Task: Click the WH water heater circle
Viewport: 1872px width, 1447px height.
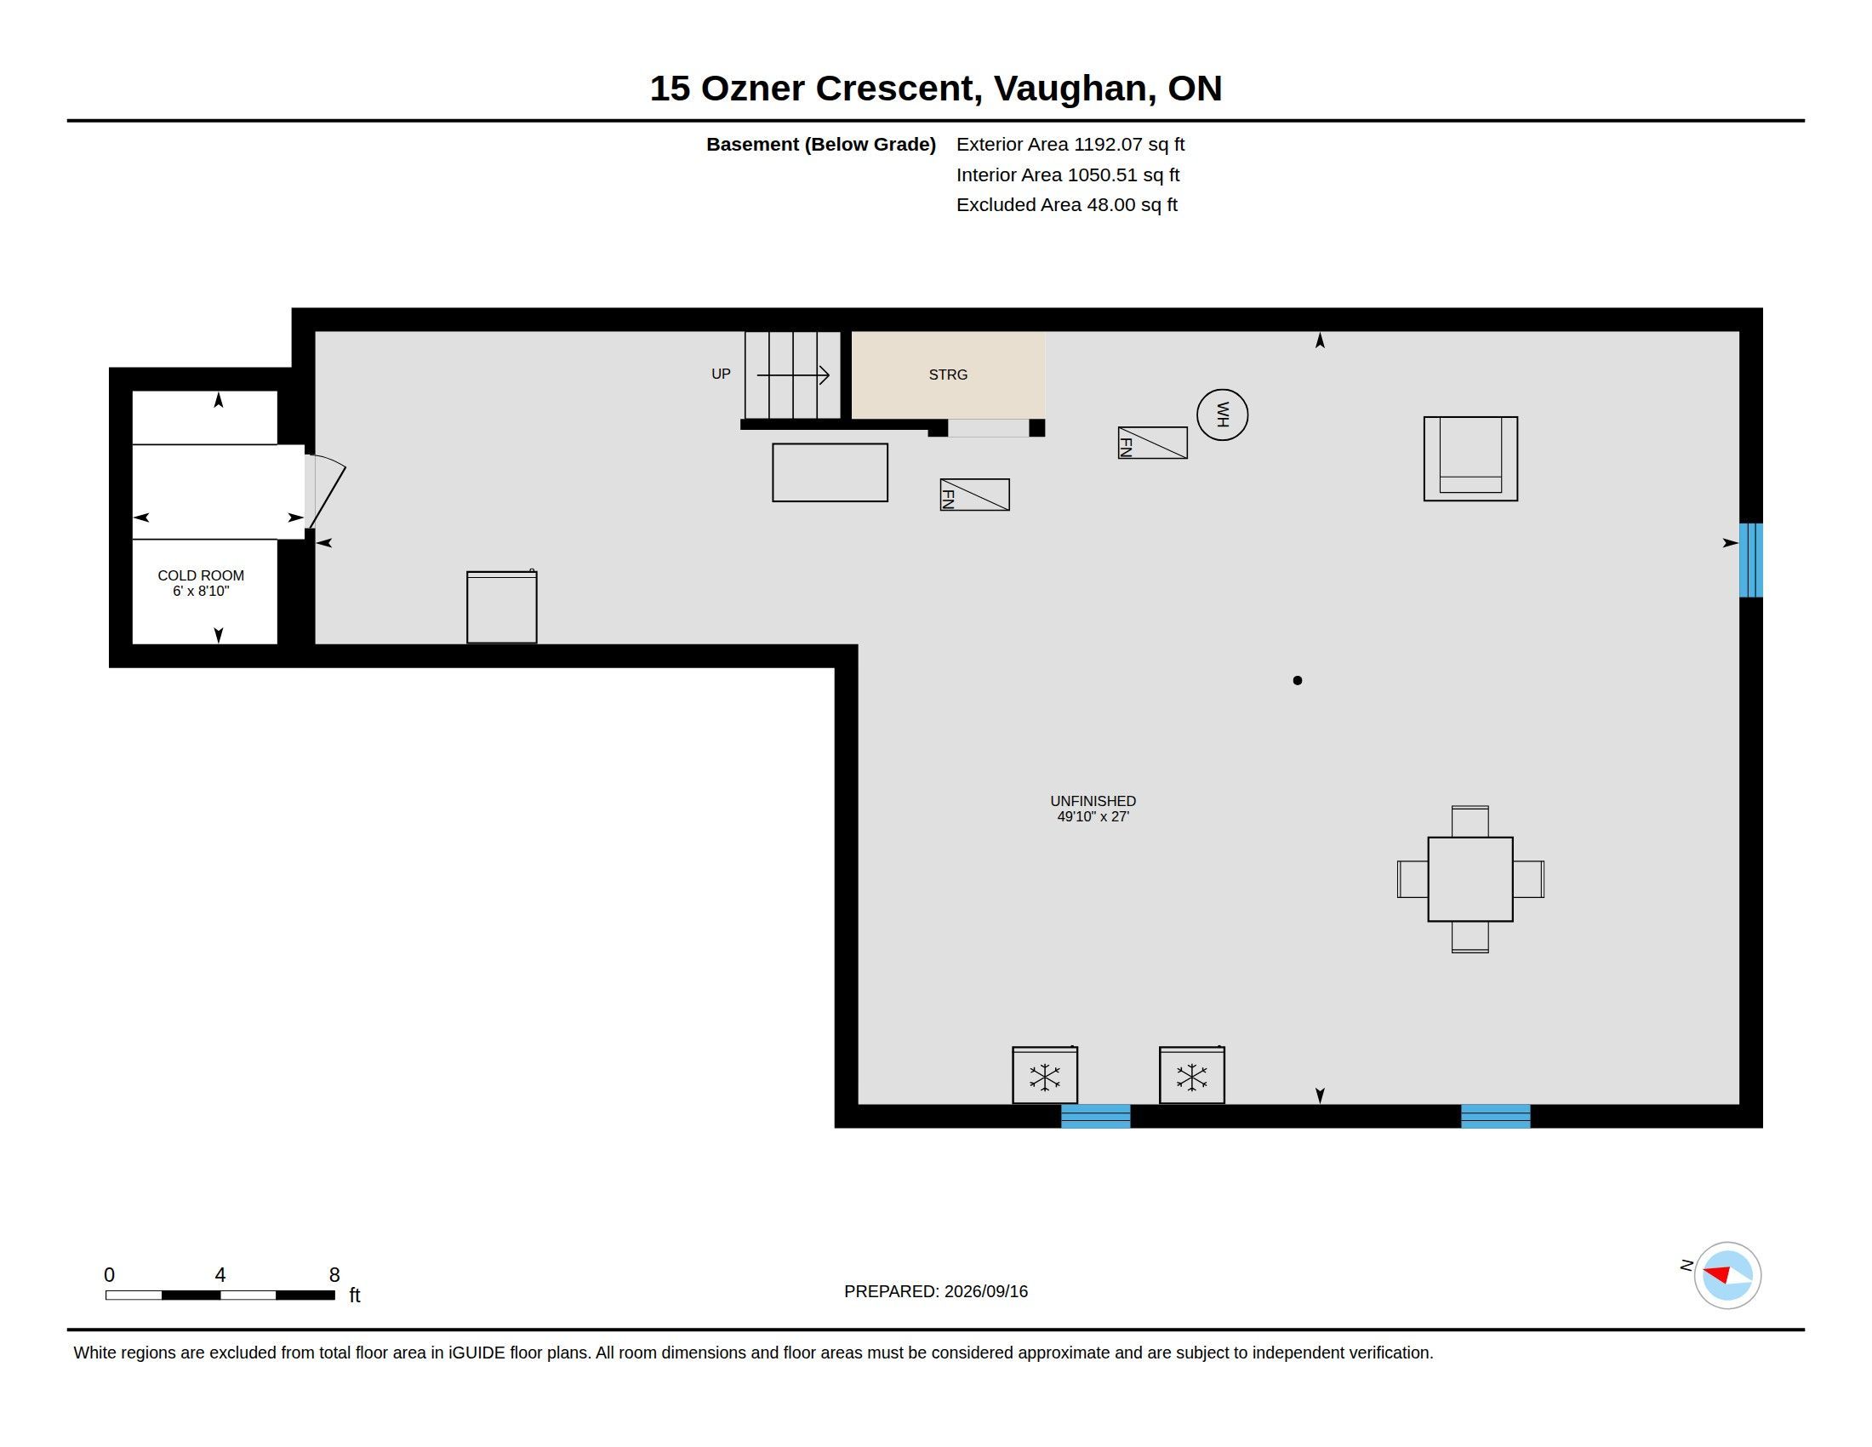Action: coord(1221,415)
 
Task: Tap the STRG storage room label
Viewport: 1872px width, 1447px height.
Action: coord(948,375)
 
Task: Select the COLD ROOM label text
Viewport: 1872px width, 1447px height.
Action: coord(201,575)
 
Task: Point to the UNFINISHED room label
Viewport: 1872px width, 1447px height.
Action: coord(1093,801)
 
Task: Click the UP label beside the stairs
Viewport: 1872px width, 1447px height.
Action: coord(721,374)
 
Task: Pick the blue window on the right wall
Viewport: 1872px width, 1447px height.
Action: coord(1750,560)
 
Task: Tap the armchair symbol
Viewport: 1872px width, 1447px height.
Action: coord(1470,459)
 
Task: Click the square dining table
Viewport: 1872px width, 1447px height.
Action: coord(1470,878)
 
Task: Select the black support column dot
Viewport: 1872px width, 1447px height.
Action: coord(1297,681)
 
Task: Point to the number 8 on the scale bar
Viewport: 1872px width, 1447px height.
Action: coord(334,1275)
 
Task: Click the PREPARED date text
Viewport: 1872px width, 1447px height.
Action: coord(935,1291)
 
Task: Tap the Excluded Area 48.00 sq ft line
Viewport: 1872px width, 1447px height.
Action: coord(1066,205)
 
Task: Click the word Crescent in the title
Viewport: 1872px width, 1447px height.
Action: coord(895,89)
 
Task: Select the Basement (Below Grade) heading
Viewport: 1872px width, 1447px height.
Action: coord(820,145)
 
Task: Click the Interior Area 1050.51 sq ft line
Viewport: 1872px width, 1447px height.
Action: coord(1067,174)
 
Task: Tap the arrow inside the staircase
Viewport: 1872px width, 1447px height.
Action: coord(793,375)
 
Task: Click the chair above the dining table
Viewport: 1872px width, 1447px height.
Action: coord(1470,821)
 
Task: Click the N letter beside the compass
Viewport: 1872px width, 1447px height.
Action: coord(1686,1265)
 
